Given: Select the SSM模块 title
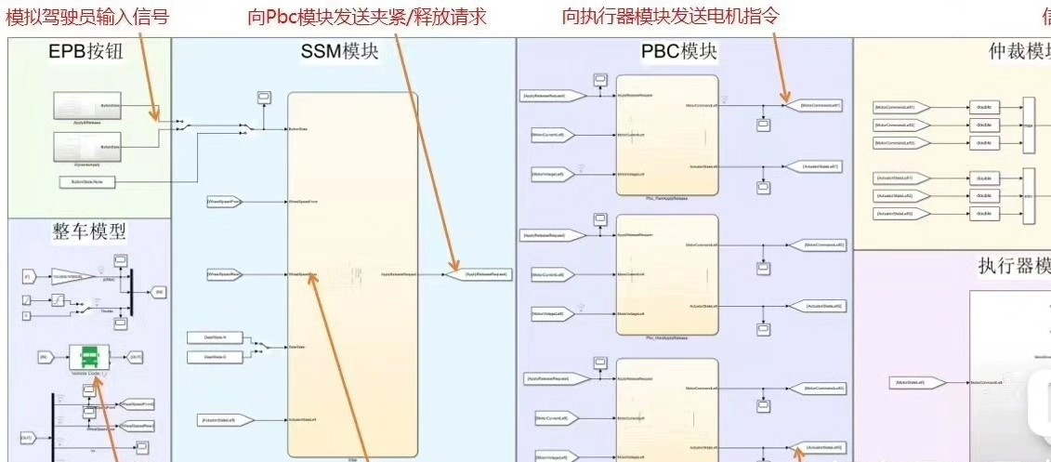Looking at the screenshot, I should pos(341,53).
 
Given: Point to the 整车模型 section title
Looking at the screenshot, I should pos(90,231).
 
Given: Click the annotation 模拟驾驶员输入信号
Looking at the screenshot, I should pos(88,16).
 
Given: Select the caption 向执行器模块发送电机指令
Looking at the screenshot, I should pos(671,16).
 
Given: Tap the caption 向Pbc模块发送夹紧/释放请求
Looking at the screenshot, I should pos(368,17).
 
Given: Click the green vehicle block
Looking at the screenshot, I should pos(91,356).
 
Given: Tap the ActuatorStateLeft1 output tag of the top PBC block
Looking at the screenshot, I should pos(821,166).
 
